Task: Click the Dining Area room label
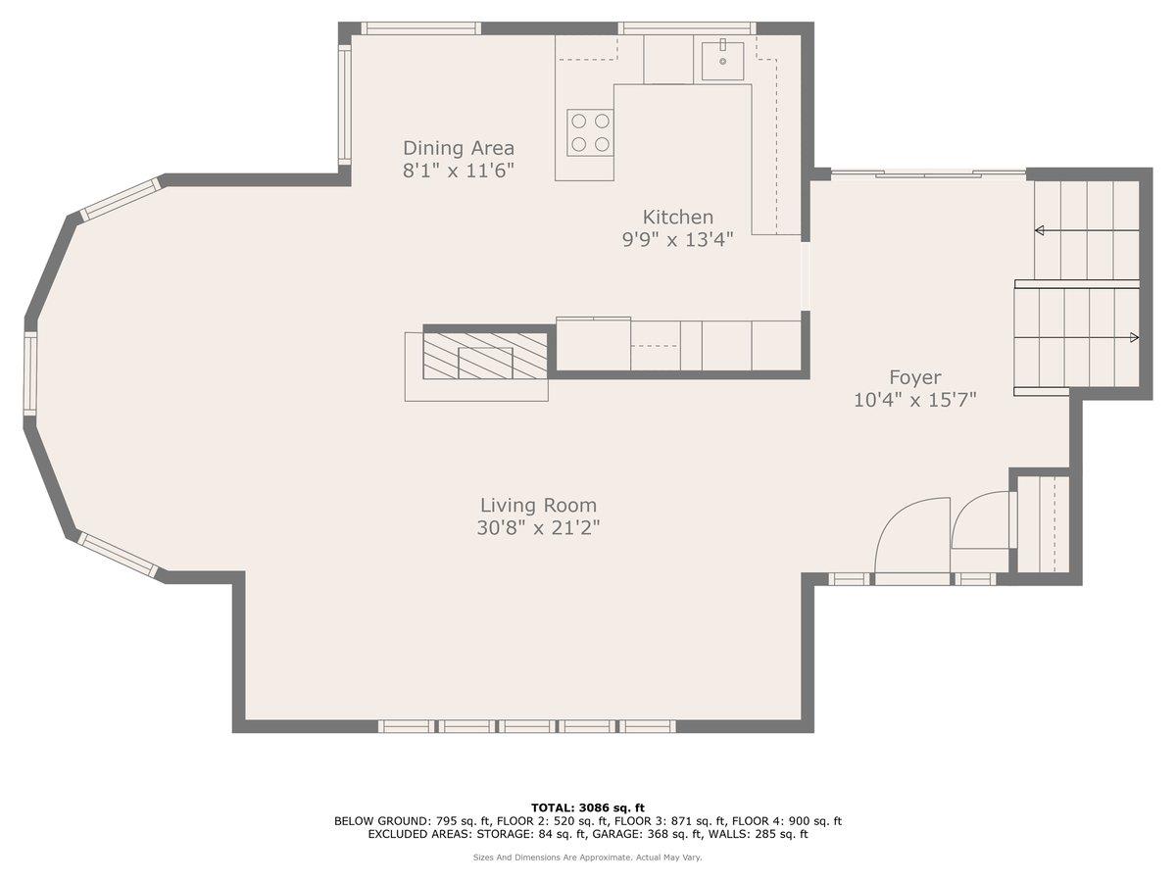pos(458,148)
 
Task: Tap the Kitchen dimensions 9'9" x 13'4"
pos(677,239)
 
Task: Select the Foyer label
pos(914,377)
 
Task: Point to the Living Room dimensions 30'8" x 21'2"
pos(538,528)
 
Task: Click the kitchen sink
pos(722,61)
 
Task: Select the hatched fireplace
pos(485,356)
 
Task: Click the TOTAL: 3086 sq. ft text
pos(588,808)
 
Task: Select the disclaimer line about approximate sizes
pos(588,857)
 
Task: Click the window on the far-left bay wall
pos(30,373)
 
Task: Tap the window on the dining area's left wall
pos(344,105)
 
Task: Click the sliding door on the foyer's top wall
pos(927,174)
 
